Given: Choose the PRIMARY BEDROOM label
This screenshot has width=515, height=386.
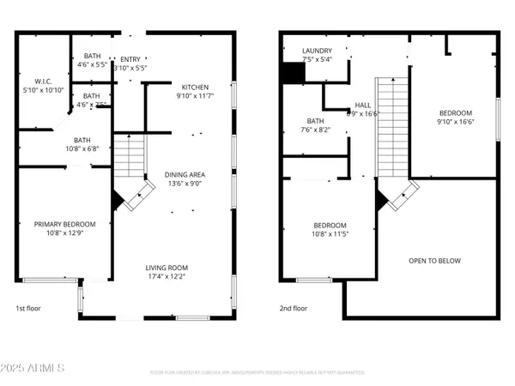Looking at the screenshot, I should coord(64,224).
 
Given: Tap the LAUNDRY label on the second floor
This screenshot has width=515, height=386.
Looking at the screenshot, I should coord(316,51).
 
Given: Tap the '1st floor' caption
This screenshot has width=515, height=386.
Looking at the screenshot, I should coord(28,308).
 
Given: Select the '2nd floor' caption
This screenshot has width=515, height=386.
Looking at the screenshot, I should coord(294,308).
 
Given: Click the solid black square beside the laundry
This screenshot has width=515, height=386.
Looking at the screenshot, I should coord(294,74).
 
